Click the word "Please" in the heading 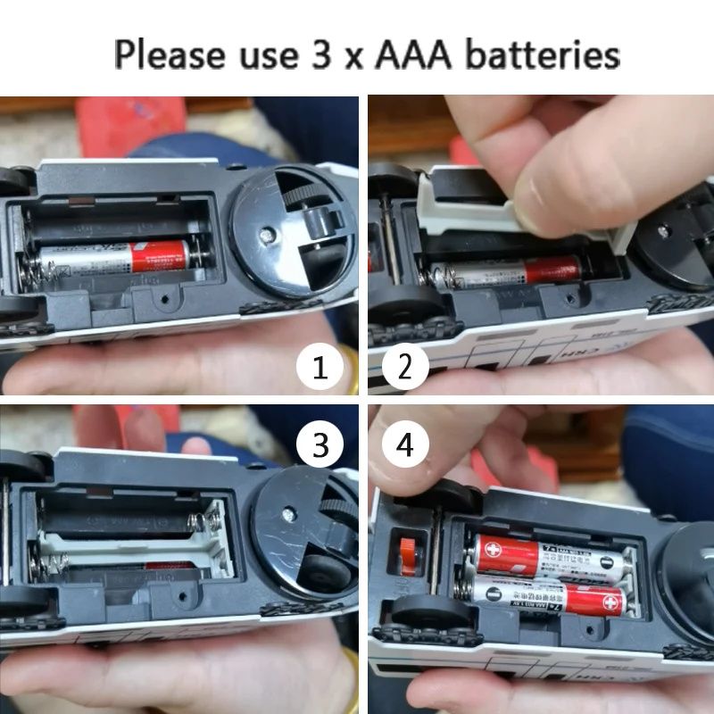(x=169, y=54)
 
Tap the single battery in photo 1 (x=116, y=258)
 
